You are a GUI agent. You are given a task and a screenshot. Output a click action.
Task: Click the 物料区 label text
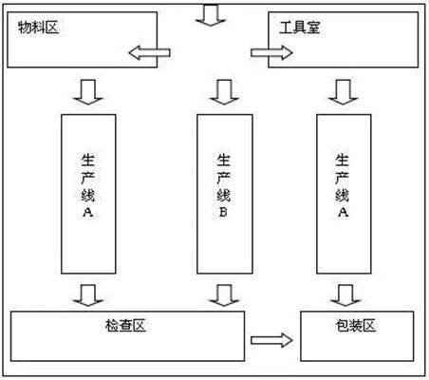(38, 28)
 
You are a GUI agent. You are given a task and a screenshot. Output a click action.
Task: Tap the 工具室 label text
(300, 28)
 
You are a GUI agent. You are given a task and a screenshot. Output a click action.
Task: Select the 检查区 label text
(125, 326)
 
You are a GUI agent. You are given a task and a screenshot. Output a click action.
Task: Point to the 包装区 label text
(356, 326)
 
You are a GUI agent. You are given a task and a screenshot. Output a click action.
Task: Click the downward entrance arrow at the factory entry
(211, 15)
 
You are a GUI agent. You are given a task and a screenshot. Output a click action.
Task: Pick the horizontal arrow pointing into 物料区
(150, 52)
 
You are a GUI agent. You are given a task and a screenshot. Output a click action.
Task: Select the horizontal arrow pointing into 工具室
(271, 52)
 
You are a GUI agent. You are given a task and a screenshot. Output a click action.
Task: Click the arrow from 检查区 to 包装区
(271, 340)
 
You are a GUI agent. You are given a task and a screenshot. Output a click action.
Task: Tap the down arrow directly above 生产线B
(224, 92)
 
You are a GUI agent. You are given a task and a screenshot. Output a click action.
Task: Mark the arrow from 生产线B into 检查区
(224, 295)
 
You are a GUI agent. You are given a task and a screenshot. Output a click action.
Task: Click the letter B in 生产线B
(223, 212)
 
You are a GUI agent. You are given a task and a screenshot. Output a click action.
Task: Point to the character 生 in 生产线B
(223, 160)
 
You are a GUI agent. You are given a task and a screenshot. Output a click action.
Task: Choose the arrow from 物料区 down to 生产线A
(88, 92)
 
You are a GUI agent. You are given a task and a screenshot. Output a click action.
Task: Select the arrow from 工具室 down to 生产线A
(344, 92)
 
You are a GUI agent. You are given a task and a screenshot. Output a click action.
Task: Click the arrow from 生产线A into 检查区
(88, 295)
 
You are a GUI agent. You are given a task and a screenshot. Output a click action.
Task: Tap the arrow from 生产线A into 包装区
(345, 295)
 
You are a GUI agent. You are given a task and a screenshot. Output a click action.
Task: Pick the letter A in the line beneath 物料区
(88, 212)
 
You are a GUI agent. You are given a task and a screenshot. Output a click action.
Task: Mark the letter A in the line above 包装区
(343, 212)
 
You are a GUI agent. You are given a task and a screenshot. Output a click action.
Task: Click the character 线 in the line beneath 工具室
(343, 195)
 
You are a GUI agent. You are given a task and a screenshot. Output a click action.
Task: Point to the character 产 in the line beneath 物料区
(87, 178)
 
